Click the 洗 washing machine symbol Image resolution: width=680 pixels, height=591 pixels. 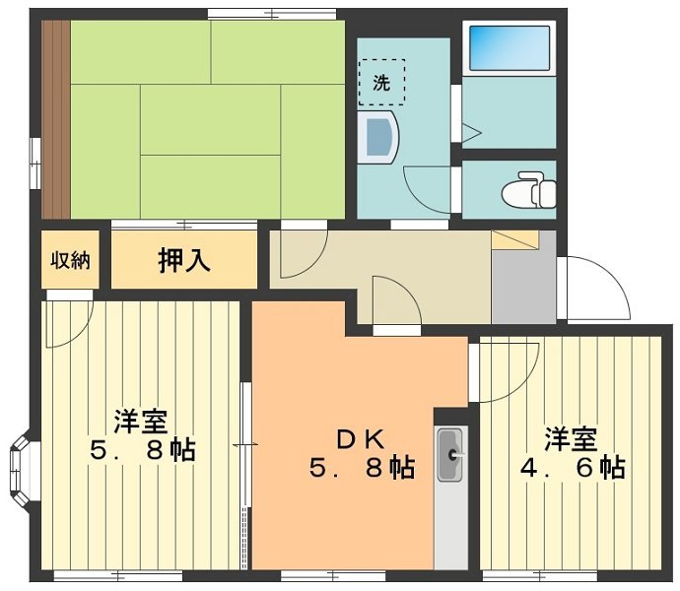coord(380,83)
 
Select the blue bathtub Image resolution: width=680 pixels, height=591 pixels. coord(509,47)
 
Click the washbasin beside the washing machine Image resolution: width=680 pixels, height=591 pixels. coord(378,137)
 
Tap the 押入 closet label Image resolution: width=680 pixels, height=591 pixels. coord(183,260)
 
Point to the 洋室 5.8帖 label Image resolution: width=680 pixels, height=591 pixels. coord(141,435)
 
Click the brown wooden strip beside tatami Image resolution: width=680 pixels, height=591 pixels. coord(55,118)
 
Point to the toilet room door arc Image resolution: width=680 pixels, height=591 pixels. coord(429,187)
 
